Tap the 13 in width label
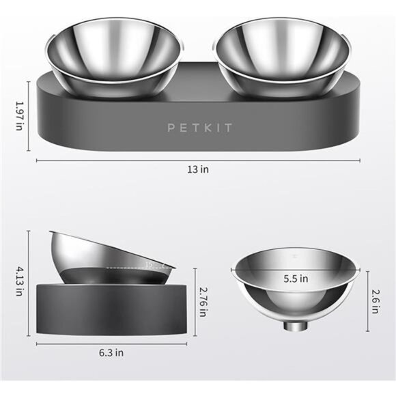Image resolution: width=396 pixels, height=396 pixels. (x=199, y=169)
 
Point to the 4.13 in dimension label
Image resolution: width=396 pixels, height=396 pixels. (x=18, y=283)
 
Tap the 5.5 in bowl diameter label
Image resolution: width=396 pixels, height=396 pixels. (x=296, y=279)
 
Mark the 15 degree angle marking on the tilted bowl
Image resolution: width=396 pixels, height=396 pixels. (x=150, y=264)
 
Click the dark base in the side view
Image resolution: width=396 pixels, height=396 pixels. (x=109, y=307)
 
